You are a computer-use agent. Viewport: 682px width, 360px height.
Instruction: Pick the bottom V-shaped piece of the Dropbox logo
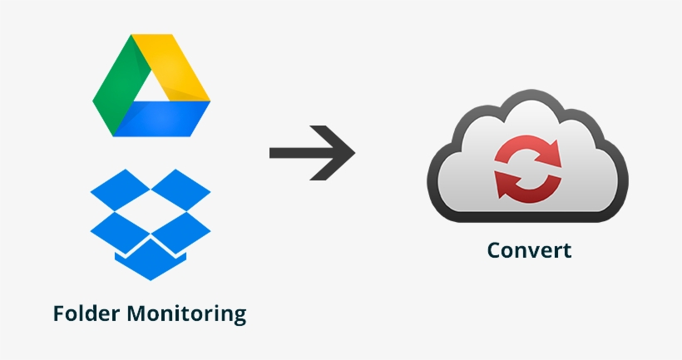(x=151, y=263)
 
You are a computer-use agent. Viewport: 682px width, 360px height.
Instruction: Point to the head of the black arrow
(x=341, y=153)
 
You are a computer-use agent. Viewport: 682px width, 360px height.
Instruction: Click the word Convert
(x=529, y=249)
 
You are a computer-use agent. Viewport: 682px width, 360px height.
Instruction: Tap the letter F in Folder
(x=58, y=313)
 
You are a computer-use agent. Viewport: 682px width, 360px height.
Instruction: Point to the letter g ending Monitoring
(x=240, y=317)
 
